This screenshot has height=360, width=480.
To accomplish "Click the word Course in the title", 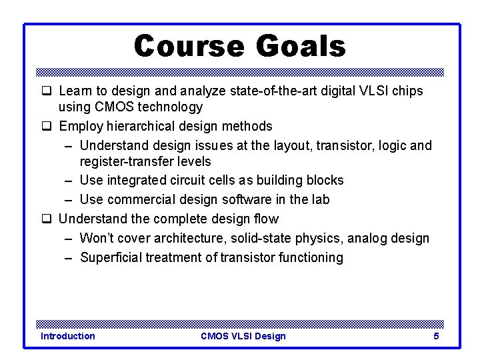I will click(x=190, y=47).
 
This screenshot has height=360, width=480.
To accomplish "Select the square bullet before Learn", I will click(x=47, y=91).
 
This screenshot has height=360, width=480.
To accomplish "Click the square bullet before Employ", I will click(x=47, y=127).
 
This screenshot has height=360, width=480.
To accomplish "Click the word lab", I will click(x=319, y=199).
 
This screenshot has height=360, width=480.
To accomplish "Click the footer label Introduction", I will click(x=67, y=336).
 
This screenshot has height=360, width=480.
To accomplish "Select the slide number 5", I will click(x=436, y=336).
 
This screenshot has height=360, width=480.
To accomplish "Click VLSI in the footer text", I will click(x=243, y=336).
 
